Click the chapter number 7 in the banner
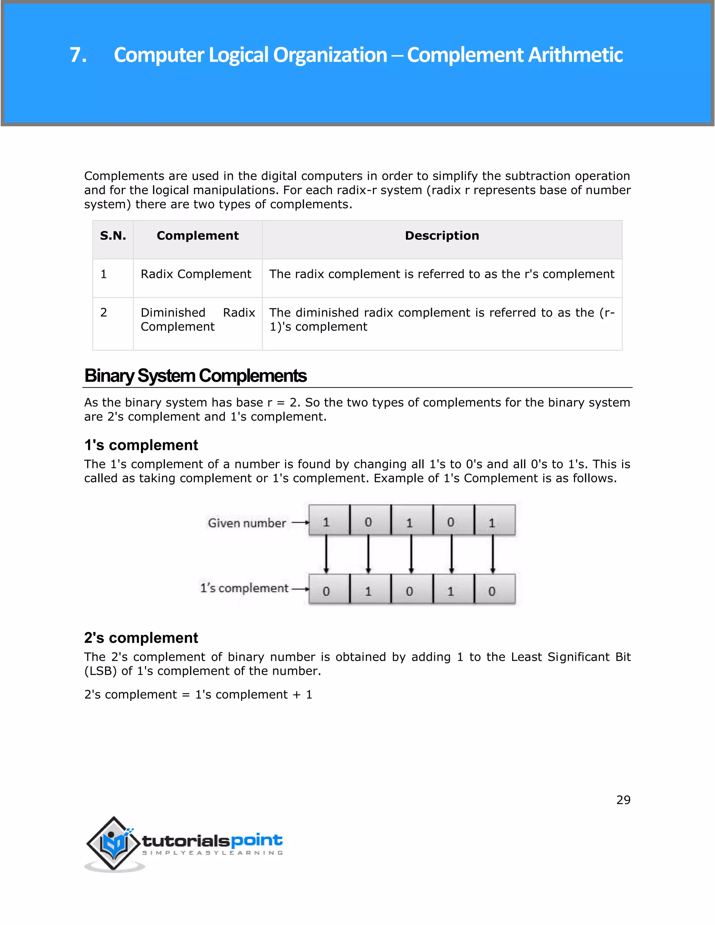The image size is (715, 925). click(x=78, y=55)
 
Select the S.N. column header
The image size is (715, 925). click(x=113, y=236)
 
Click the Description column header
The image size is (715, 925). click(x=442, y=236)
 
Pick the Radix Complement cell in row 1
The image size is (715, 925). click(x=196, y=274)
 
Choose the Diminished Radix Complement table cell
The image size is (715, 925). click(x=197, y=320)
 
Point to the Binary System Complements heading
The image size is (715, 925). click(x=195, y=376)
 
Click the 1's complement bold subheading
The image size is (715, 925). click(x=141, y=445)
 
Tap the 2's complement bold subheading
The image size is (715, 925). click(x=141, y=638)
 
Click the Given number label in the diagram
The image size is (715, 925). click(x=246, y=523)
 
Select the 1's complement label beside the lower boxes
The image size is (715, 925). click(x=244, y=588)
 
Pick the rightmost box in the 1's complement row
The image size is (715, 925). click(x=494, y=589)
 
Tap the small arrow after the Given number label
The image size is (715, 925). click(x=300, y=523)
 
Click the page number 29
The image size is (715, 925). click(x=623, y=800)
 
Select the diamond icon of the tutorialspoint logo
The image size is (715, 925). click(x=113, y=844)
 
